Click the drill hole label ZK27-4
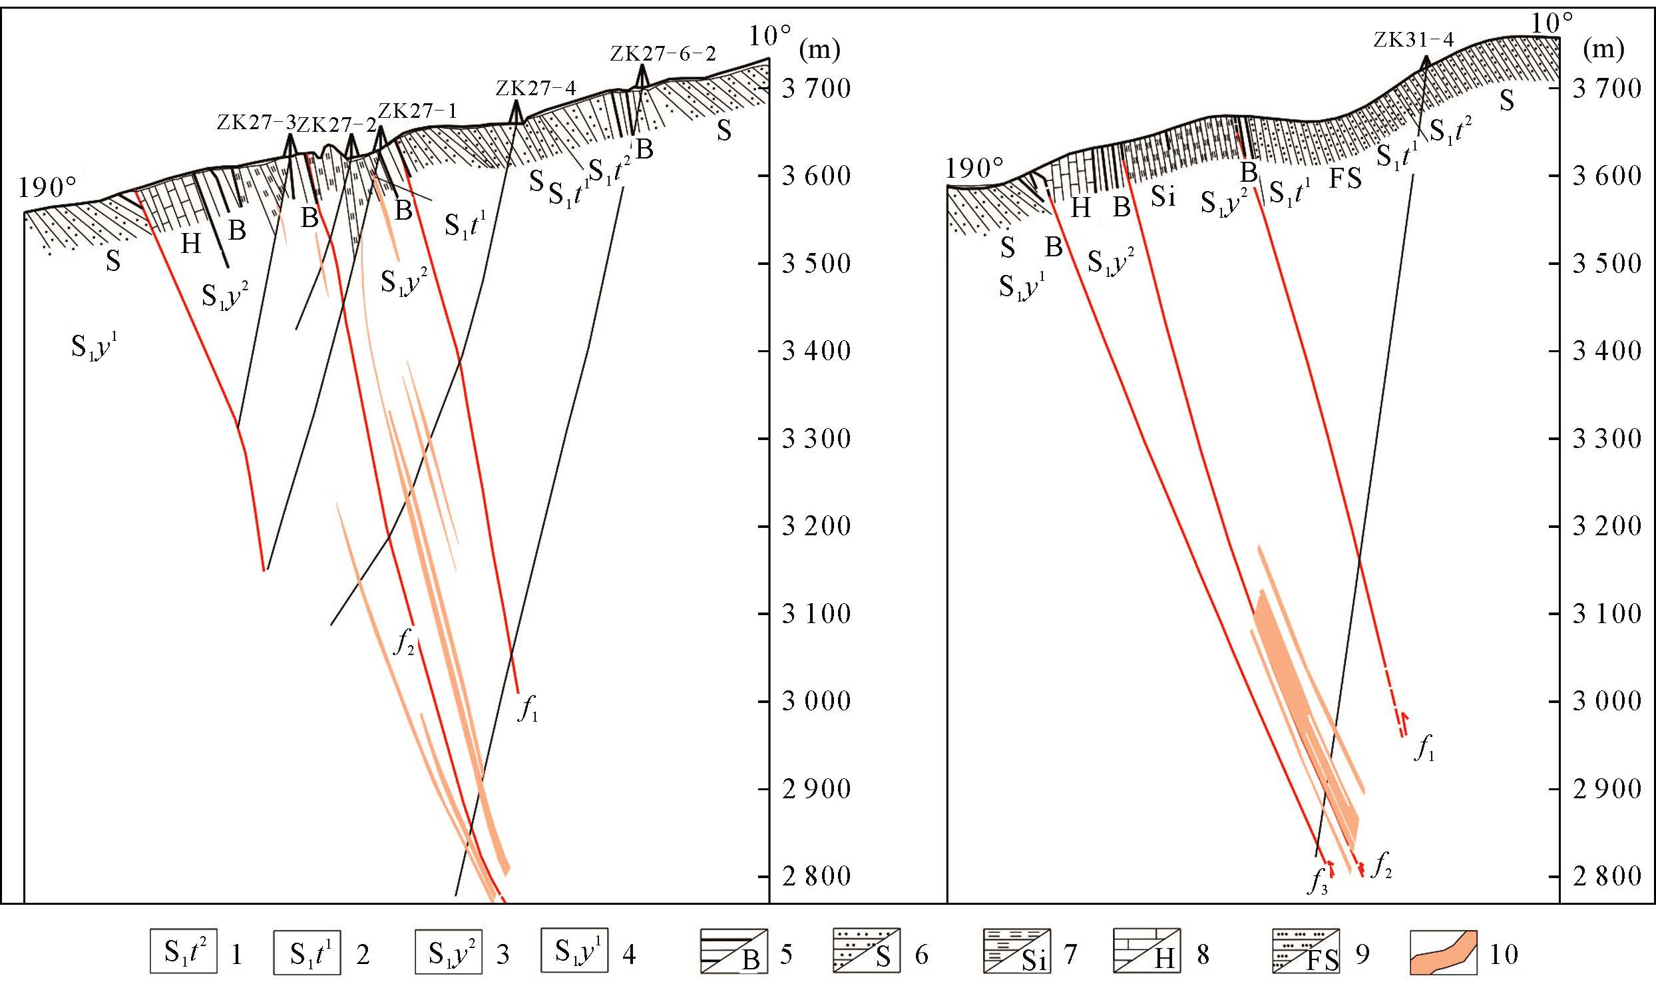click(x=535, y=88)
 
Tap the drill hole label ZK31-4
click(x=1413, y=40)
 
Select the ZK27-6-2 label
click(x=663, y=54)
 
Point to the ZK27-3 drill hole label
click(x=256, y=123)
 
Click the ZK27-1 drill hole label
click(x=418, y=111)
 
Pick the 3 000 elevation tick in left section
click(x=816, y=701)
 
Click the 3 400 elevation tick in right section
click(x=1607, y=351)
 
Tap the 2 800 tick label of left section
click(x=816, y=876)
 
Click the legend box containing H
click(x=1146, y=951)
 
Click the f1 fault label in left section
click(x=528, y=710)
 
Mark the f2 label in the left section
click(x=404, y=642)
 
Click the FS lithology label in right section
click(x=1345, y=178)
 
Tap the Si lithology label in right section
click(x=1163, y=197)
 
